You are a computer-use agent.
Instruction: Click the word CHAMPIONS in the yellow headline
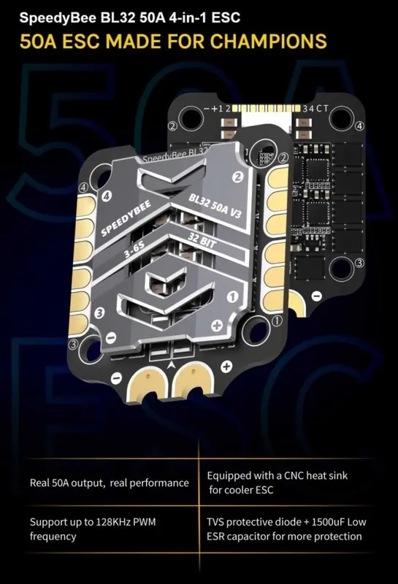coord(268,41)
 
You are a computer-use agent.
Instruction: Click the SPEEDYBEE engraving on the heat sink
coord(126,218)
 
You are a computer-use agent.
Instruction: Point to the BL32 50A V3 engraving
coord(215,206)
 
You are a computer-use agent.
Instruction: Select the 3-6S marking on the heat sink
coord(134,249)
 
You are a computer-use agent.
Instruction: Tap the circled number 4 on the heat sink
coord(106,196)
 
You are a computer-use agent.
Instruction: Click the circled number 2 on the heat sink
coord(238,177)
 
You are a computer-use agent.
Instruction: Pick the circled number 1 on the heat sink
coord(232,297)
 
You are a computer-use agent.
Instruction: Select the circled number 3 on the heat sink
coord(99,313)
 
